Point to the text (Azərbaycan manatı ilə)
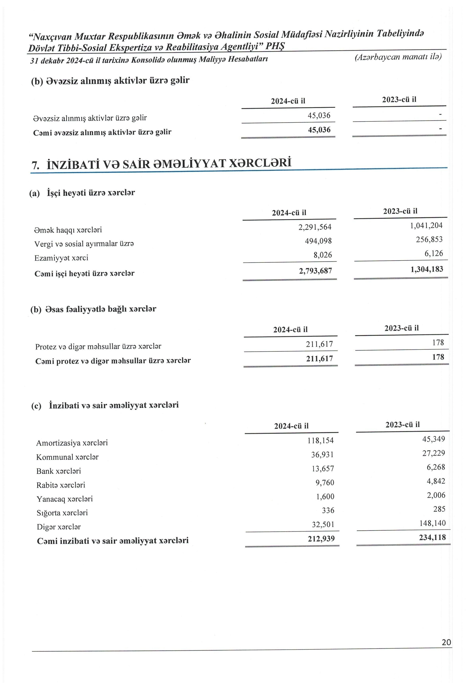398,57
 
